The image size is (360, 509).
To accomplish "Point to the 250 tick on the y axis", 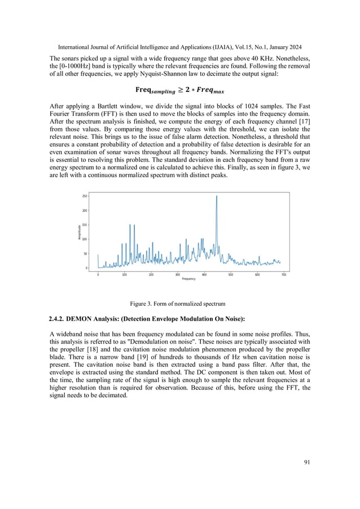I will (85, 196).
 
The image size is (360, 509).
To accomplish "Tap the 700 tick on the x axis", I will (284, 274).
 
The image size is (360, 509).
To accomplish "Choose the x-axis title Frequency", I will (188, 279).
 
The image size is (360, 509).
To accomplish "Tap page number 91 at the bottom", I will (306, 462).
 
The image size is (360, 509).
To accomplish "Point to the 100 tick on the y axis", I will (85, 239).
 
